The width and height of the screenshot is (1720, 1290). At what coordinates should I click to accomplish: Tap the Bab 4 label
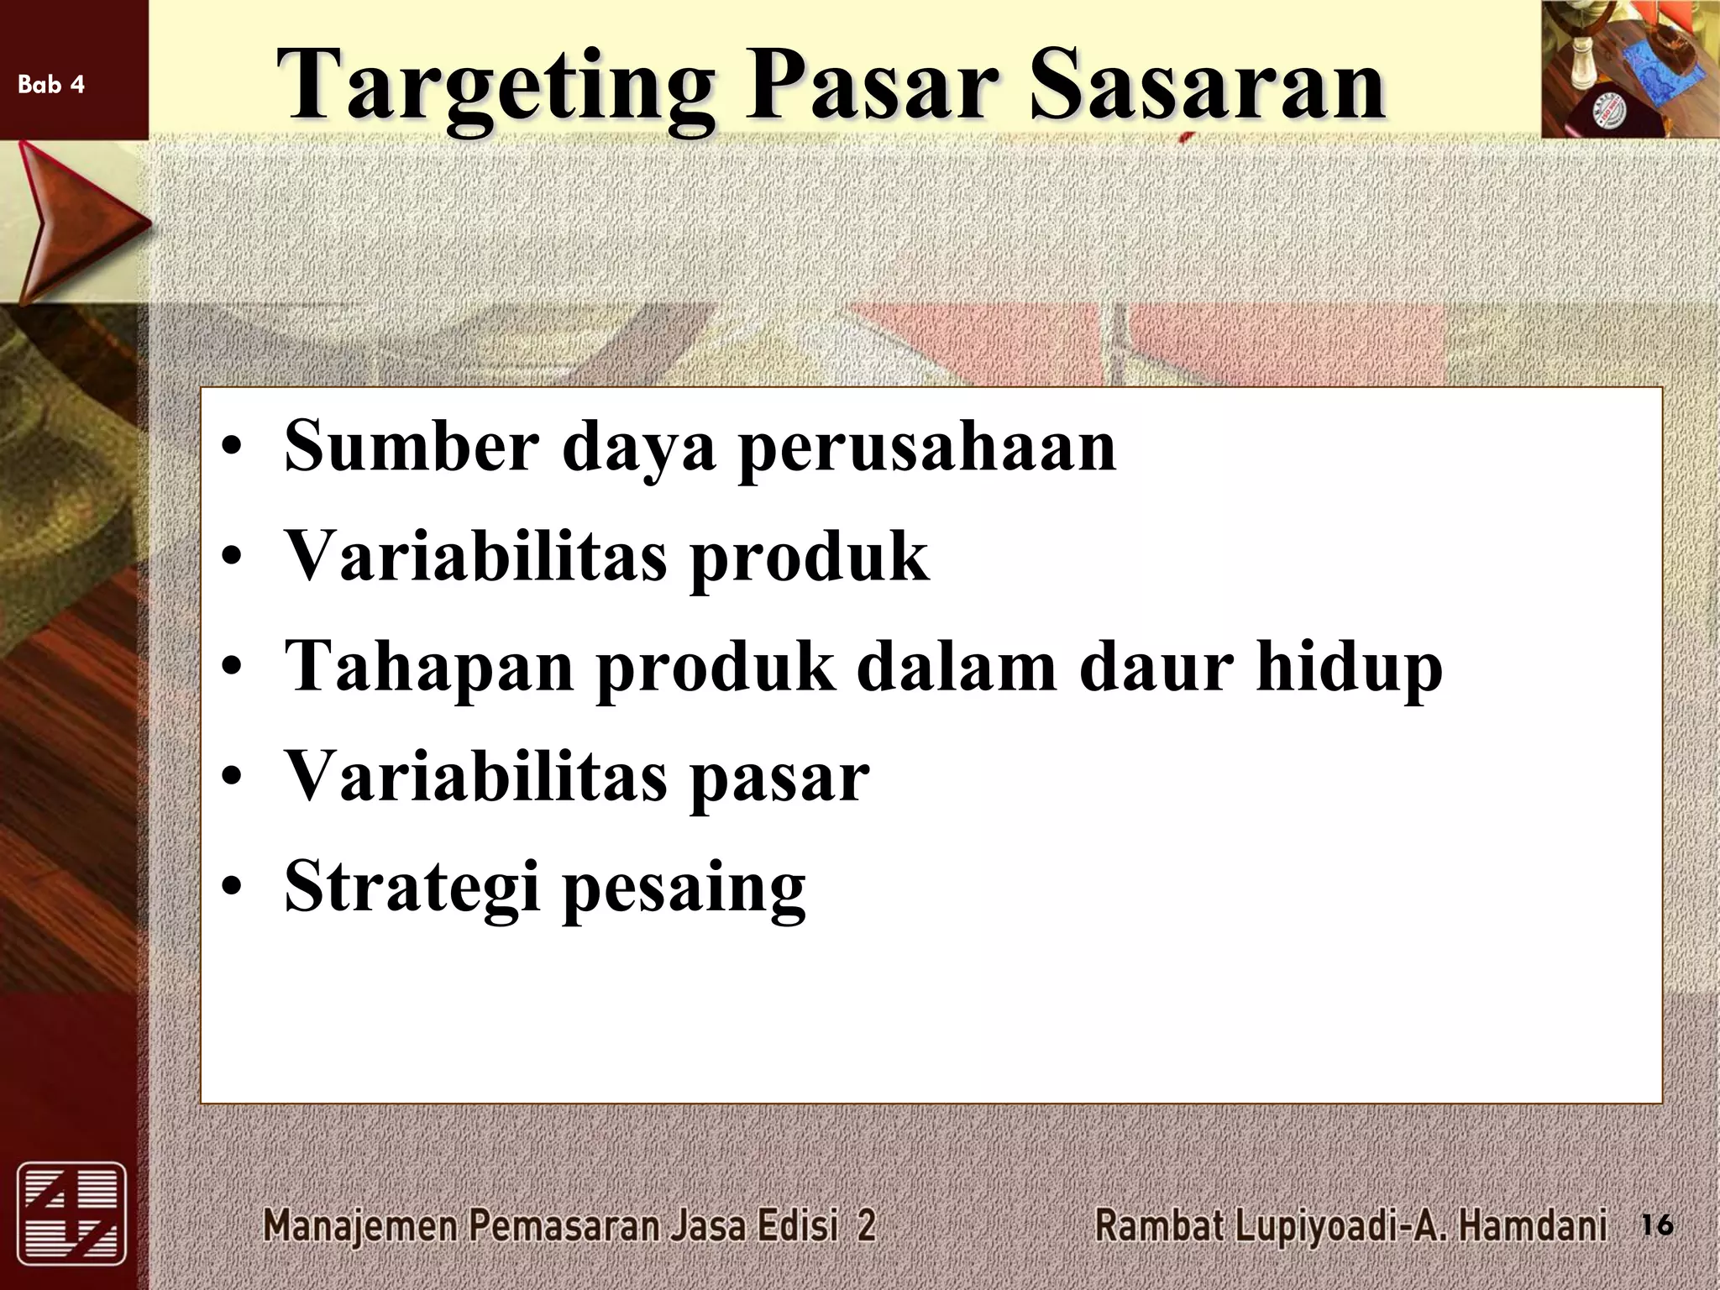coord(51,84)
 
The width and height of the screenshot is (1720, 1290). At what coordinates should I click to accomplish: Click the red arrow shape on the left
coord(76,223)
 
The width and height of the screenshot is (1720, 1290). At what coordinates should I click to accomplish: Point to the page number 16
coord(1656,1225)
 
